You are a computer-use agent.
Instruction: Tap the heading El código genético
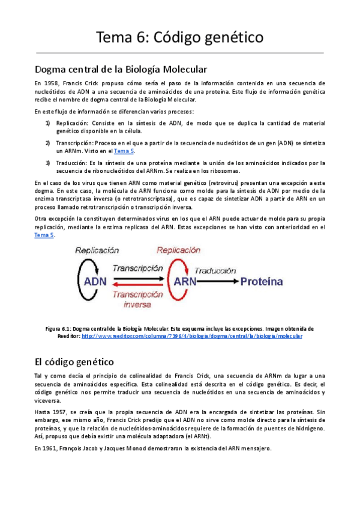[79, 362]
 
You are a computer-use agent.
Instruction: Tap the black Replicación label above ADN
[94, 250]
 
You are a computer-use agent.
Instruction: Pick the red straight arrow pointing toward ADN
[138, 286]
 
